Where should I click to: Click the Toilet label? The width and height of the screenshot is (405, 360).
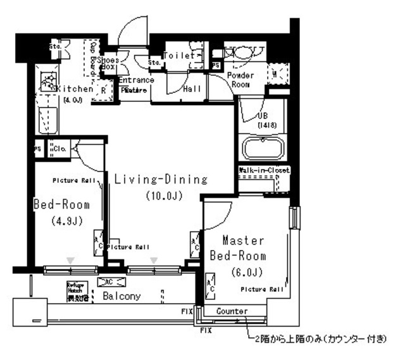(x=179, y=56)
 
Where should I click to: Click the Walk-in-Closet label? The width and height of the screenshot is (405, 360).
(x=265, y=171)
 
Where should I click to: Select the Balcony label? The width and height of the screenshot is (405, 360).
(x=117, y=296)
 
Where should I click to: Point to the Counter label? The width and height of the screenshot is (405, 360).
(x=231, y=311)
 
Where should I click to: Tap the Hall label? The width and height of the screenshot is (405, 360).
(x=192, y=89)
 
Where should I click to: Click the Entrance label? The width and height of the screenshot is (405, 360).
(x=135, y=80)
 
